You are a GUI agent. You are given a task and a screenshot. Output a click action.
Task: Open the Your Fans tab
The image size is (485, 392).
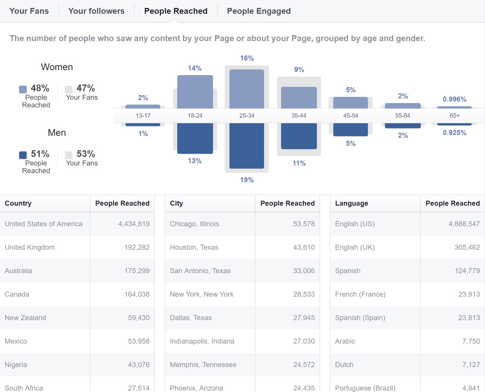click(x=29, y=11)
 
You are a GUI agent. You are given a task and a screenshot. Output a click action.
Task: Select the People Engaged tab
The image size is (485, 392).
click(x=258, y=11)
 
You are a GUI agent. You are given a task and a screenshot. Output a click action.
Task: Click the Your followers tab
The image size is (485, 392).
click(x=96, y=11)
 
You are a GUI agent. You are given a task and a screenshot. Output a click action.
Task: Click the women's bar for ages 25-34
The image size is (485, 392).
click(x=246, y=89)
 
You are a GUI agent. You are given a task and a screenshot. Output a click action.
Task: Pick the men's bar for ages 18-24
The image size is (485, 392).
click(x=195, y=138)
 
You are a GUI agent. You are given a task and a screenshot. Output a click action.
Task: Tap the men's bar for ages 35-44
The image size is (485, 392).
click(x=299, y=136)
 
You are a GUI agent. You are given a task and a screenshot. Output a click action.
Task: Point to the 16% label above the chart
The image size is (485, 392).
click(x=247, y=58)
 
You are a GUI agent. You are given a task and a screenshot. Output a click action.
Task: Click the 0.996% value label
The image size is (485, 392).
click(x=454, y=99)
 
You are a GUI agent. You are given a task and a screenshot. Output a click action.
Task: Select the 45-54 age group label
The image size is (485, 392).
click(x=351, y=116)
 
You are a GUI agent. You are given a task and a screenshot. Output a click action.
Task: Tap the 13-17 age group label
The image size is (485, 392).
click(x=143, y=116)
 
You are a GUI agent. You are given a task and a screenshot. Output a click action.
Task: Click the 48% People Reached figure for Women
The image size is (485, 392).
click(x=40, y=88)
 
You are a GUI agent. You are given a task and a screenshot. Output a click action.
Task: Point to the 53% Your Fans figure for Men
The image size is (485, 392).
click(x=86, y=154)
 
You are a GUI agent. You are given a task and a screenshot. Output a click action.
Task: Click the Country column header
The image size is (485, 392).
click(x=18, y=203)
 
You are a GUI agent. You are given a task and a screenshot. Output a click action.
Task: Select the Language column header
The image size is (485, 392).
click(x=352, y=203)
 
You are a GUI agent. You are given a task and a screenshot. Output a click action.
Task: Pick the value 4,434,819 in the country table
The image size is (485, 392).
click(x=134, y=224)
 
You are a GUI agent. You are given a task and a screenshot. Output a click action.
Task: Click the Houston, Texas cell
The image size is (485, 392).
click(x=194, y=247)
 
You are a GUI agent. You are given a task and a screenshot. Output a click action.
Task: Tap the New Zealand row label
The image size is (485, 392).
click(x=26, y=318)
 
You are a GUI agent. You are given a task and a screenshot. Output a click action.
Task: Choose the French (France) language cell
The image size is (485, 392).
click(x=360, y=294)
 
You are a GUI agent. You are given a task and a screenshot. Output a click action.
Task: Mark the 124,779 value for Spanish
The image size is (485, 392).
click(x=467, y=271)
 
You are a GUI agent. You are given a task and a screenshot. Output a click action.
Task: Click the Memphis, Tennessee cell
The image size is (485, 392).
click(x=203, y=365)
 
